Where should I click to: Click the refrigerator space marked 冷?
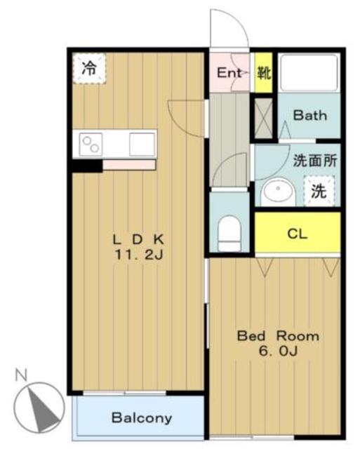[x=89, y=69]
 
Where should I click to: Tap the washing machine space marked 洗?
[x=319, y=191]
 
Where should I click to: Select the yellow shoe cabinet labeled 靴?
[x=263, y=73]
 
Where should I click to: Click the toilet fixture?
[x=229, y=234]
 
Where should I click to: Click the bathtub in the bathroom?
[x=309, y=73]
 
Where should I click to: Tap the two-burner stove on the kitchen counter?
[x=91, y=144]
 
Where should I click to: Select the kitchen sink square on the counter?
[x=142, y=145]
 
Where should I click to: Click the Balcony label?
[x=142, y=418]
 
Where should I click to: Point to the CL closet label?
[x=298, y=234]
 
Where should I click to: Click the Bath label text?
[x=310, y=115]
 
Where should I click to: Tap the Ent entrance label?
[x=229, y=73]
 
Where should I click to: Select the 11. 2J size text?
[x=139, y=254]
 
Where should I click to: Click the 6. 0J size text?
[x=278, y=351]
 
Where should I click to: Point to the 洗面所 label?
[x=315, y=161]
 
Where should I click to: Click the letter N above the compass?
[x=21, y=375]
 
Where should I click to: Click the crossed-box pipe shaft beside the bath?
[x=263, y=118]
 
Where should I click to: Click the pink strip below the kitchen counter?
[x=129, y=165]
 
